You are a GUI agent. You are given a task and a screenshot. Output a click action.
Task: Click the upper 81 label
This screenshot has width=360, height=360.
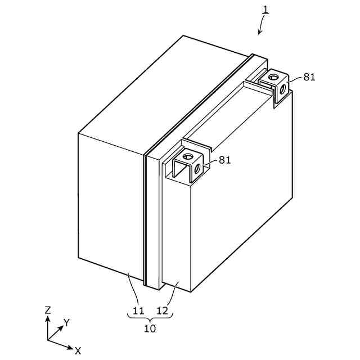click(x=309, y=77)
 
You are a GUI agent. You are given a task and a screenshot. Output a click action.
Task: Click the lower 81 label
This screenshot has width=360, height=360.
click(x=225, y=160)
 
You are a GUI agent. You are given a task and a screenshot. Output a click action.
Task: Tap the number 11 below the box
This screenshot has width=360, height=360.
click(x=138, y=310)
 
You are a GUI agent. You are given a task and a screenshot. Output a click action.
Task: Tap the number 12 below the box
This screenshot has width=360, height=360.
click(x=161, y=310)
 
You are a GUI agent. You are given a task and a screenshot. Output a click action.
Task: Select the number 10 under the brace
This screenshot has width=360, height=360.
click(x=150, y=328)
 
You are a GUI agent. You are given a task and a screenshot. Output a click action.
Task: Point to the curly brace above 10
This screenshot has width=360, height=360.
click(x=150, y=318)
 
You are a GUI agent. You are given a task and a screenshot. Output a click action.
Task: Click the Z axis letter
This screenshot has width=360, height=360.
click(x=48, y=310)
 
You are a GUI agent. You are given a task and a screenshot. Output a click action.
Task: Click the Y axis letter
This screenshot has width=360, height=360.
click(x=66, y=322)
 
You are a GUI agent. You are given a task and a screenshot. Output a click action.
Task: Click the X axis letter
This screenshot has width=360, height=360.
click(x=78, y=351)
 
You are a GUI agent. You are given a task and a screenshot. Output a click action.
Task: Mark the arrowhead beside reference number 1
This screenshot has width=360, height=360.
click(x=260, y=32)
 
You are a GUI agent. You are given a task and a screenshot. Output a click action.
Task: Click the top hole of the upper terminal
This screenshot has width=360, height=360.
click(x=273, y=75)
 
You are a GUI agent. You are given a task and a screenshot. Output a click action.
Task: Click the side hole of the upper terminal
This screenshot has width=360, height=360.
click(x=282, y=88)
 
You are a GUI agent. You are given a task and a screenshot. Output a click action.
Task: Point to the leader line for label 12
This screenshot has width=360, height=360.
click(x=172, y=292)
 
